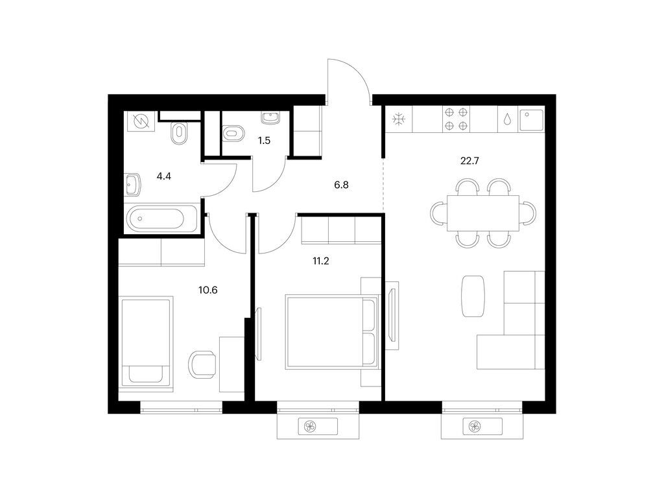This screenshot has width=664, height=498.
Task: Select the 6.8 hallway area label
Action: pyautogui.click(x=341, y=185)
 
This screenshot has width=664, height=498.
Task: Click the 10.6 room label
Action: pyautogui.click(x=207, y=290)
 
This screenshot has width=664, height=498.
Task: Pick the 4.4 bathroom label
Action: pyautogui.click(x=164, y=175)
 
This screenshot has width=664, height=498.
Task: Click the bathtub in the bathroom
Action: pyautogui.click(x=163, y=219)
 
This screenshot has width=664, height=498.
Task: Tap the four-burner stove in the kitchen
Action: pyautogui.click(x=456, y=119)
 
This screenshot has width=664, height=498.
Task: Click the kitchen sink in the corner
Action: pyautogui.click(x=534, y=119)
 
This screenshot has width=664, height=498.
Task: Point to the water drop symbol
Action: pyautogui.click(x=508, y=120)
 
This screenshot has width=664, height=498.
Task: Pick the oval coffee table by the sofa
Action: pyautogui.click(x=473, y=296)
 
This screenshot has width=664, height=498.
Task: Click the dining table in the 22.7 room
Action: pyautogui.click(x=483, y=212)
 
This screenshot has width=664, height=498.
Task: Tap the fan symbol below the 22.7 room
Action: pyautogui.click(x=473, y=427)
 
